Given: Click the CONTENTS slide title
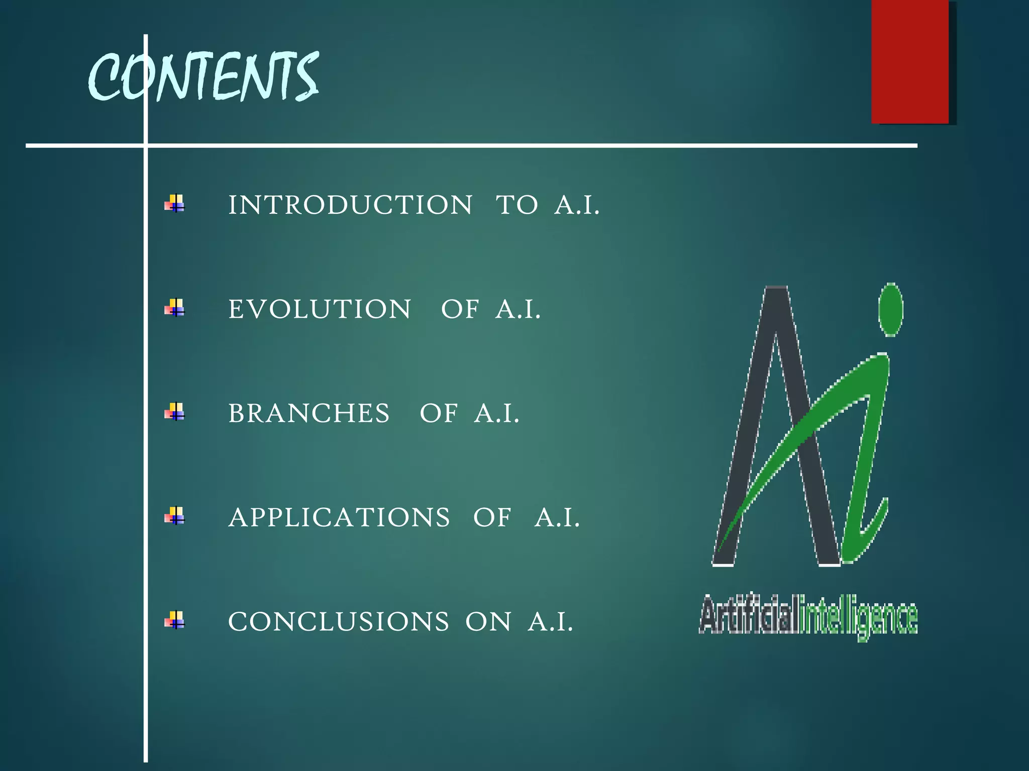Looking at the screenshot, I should tap(203, 76).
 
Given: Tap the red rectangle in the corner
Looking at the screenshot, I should tap(910, 61).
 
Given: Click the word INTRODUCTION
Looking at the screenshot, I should tap(350, 205).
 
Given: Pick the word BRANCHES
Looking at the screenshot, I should tap(308, 413).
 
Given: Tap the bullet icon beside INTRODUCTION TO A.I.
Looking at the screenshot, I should tap(175, 204).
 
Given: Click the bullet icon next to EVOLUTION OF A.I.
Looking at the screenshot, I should tap(175, 308).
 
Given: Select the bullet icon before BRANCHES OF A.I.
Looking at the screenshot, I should tap(175, 412).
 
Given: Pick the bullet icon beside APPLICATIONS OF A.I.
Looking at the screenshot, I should tap(175, 516).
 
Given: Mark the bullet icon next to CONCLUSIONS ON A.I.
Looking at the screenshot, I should tap(175, 620).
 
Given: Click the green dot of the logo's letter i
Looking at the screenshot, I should tap(891, 309).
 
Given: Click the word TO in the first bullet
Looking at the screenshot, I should tap(517, 205).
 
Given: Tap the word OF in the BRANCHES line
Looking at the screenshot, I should tap(439, 413).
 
